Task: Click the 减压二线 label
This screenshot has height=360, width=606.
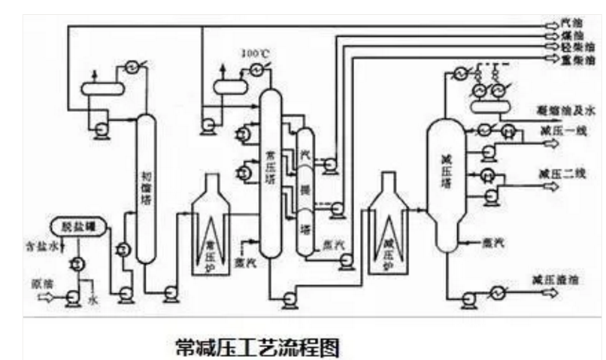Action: tap(557, 173)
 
